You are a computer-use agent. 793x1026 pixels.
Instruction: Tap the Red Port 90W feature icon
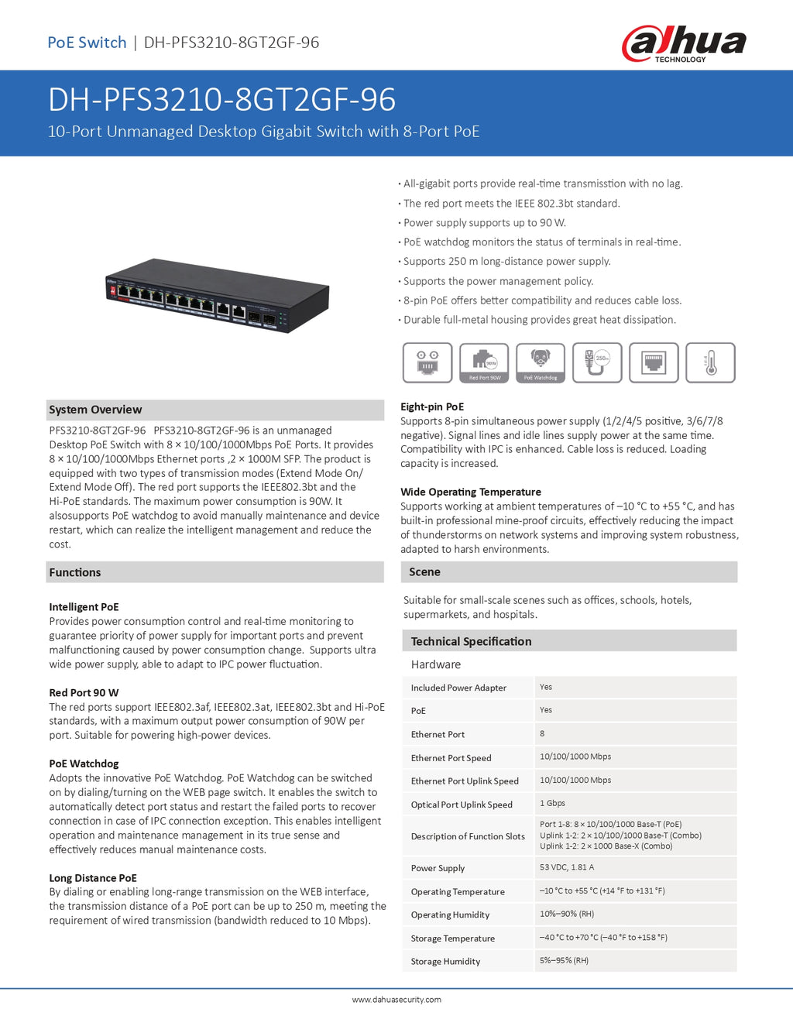484,362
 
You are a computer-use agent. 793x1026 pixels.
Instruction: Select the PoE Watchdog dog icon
541,362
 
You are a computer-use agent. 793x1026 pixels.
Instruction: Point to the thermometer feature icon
710,362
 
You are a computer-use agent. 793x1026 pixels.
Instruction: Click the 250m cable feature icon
597,362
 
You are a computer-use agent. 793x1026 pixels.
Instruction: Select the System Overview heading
95,410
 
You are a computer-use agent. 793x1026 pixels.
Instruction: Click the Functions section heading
75,572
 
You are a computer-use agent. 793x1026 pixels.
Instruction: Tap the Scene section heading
424,571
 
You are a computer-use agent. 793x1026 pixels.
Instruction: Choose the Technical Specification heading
471,641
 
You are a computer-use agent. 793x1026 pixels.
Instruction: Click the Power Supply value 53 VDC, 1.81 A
567,867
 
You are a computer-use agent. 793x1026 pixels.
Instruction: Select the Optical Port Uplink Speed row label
462,805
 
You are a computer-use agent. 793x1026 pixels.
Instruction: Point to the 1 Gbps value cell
553,803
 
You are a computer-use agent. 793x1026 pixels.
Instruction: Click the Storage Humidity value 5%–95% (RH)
564,960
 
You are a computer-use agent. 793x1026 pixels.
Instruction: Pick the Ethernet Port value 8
542,733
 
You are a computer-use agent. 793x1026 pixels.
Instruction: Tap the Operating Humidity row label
450,914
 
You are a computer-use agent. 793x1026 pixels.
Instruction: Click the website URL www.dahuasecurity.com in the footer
396,1000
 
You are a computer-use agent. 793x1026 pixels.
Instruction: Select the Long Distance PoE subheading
93,878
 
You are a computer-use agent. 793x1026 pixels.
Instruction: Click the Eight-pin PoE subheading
432,407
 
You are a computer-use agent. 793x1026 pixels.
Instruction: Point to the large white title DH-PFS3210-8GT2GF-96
222,100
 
